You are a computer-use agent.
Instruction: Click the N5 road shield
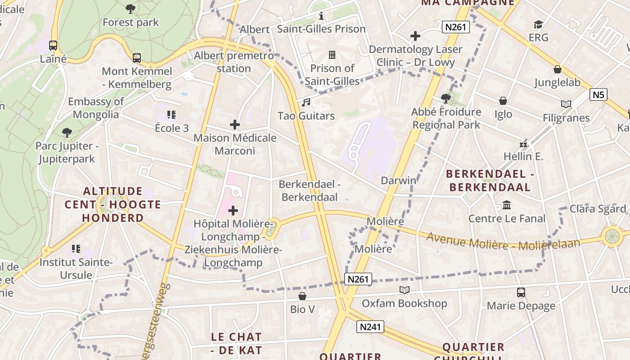[598, 94]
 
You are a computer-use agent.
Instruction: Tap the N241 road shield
[370, 327]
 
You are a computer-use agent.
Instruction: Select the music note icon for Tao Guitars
[306, 103]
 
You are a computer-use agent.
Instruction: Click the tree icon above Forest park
[130, 9]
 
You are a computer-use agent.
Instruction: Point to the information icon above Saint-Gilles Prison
[321, 16]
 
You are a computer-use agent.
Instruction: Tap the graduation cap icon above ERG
[538, 24]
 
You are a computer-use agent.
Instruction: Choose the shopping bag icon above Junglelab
[557, 69]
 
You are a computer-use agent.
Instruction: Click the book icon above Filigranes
[566, 104]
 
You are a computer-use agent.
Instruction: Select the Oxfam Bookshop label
[404, 303]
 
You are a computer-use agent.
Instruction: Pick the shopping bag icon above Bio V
[302, 296]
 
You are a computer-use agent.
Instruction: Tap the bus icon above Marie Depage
[521, 292]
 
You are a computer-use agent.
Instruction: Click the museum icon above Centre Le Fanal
[507, 205]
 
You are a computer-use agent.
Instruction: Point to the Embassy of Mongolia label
[96, 108]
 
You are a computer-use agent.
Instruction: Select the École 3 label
[172, 128]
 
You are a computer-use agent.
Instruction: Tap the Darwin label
[398, 180]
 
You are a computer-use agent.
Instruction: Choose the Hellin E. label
[523, 157]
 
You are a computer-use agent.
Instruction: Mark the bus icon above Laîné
[53, 45]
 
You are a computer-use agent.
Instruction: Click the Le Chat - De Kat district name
[236, 343]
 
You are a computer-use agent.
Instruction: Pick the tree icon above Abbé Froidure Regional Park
[446, 98]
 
